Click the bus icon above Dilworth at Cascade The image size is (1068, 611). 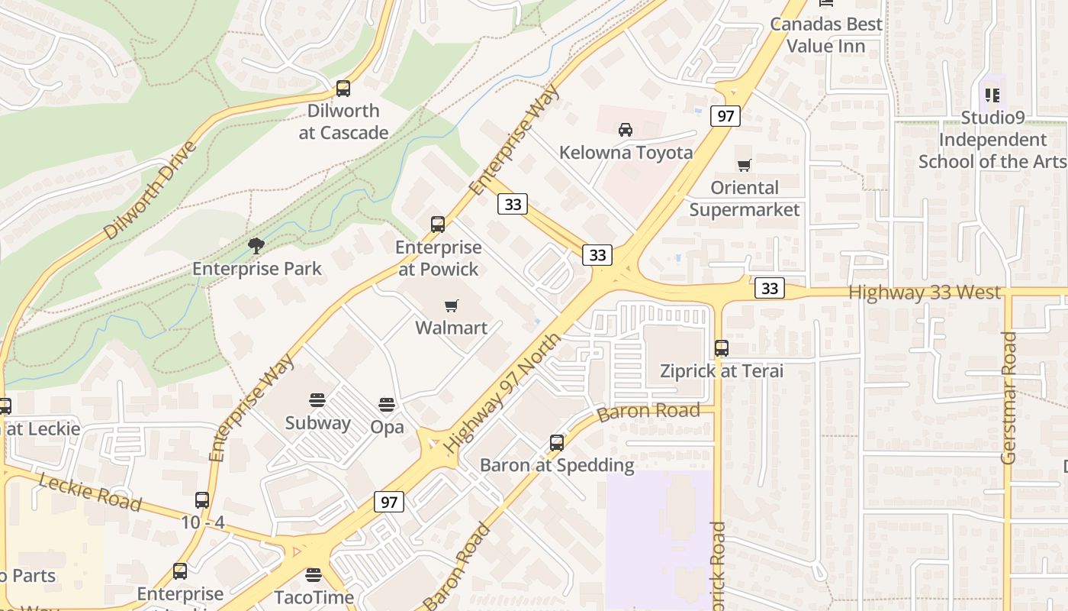pyautogui.click(x=343, y=89)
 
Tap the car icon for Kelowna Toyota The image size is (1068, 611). pyautogui.click(x=626, y=130)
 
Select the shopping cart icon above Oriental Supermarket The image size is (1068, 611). pyautogui.click(x=744, y=165)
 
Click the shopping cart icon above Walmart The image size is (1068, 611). pyautogui.click(x=452, y=305)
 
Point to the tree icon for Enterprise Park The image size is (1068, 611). pyautogui.click(x=256, y=246)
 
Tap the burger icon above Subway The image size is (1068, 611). pyautogui.click(x=317, y=400)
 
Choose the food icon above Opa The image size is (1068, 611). pyautogui.click(x=387, y=405)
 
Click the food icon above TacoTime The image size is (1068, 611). pyautogui.click(x=314, y=574)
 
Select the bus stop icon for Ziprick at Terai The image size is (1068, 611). pyautogui.click(x=722, y=348)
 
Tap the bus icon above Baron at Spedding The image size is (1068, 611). pyautogui.click(x=557, y=443)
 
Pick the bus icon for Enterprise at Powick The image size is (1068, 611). pyautogui.click(x=438, y=225)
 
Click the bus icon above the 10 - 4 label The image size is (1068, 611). pyautogui.click(x=202, y=500)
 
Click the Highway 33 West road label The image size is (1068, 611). pyautogui.click(x=925, y=293)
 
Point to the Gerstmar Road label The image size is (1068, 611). pyautogui.click(x=1008, y=397)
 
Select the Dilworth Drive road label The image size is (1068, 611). pyautogui.click(x=150, y=189)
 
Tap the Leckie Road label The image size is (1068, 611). pyautogui.click(x=90, y=493)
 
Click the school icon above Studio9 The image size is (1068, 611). pyautogui.click(x=992, y=95)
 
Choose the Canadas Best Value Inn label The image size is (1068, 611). pyautogui.click(x=826, y=35)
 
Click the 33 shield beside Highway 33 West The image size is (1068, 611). pyautogui.click(x=770, y=288)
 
